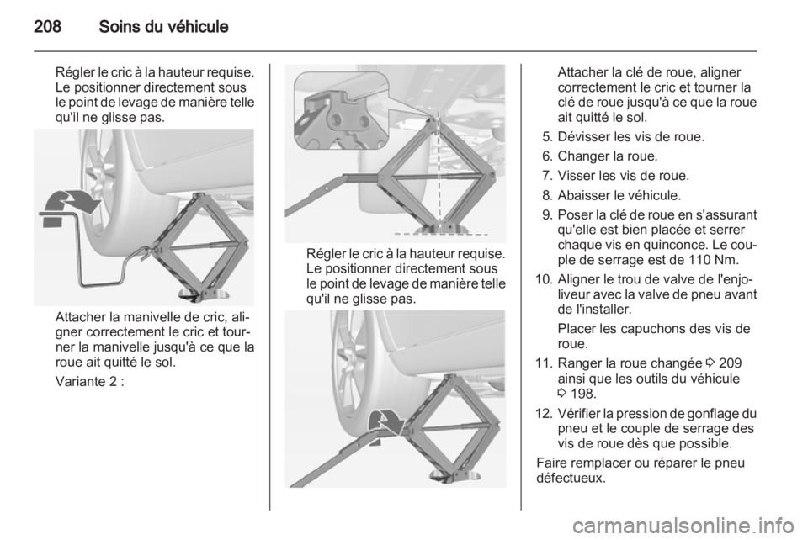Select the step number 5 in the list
click(x=545, y=135)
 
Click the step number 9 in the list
click(x=545, y=214)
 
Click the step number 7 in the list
click(x=545, y=175)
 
